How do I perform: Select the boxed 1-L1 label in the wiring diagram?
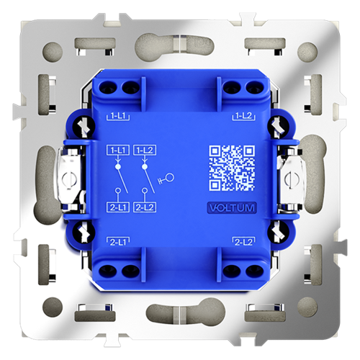(117, 150)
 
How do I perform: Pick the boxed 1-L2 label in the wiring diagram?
(145, 150)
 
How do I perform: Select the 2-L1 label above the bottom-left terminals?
(117, 240)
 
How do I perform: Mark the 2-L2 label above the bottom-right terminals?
(243, 240)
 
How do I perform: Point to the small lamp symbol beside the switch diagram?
(168, 176)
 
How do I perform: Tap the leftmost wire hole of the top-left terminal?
(114, 88)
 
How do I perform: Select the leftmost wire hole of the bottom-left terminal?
(114, 270)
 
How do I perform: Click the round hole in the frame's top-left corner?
(52, 52)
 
